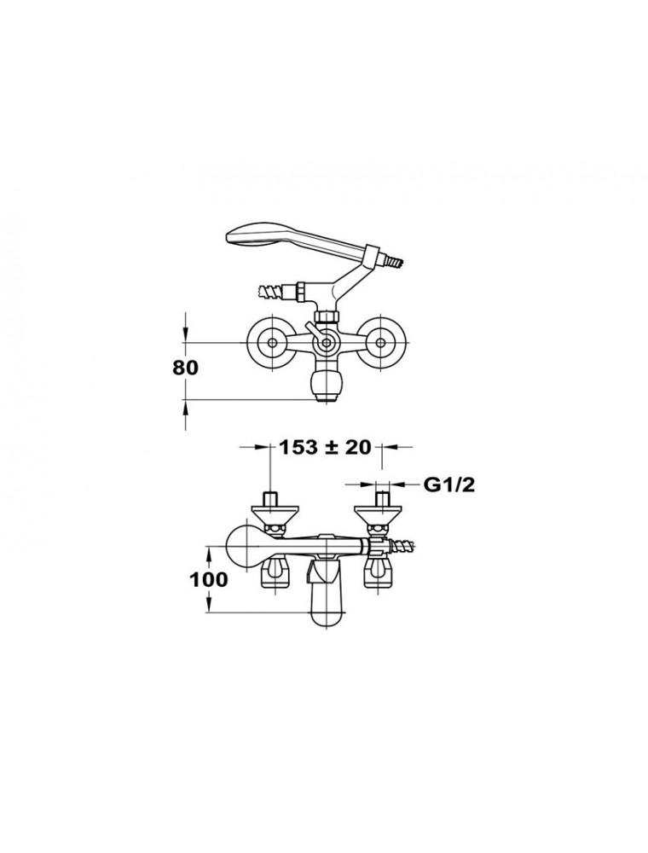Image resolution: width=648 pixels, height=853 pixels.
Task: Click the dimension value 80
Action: click(186, 368)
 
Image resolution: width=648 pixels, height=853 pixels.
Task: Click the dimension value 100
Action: click(209, 579)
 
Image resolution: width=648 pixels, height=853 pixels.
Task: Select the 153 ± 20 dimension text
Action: click(325, 447)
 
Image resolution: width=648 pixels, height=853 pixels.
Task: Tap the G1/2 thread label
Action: click(448, 485)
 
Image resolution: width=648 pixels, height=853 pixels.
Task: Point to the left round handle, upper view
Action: click(270, 343)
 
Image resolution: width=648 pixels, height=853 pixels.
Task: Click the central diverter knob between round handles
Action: click(326, 343)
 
